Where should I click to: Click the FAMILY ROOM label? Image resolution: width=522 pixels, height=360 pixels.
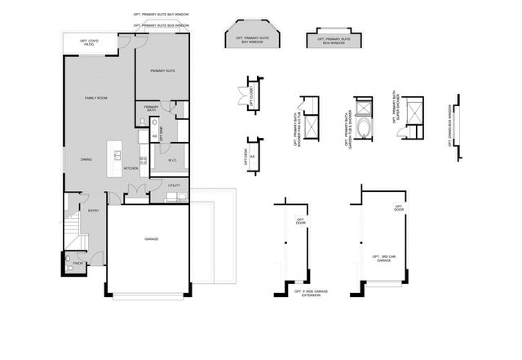pyautogui.click(x=97, y=98)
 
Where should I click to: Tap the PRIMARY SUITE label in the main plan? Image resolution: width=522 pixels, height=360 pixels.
pyautogui.click(x=163, y=72)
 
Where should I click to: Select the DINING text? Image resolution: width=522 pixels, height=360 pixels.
pyautogui.click(x=86, y=159)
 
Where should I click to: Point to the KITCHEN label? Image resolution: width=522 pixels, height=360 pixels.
pyautogui.click(x=130, y=169)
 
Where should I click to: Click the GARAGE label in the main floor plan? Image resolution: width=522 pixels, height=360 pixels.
pyautogui.click(x=151, y=239)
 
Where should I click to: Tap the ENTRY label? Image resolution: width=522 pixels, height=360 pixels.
pyautogui.click(x=93, y=211)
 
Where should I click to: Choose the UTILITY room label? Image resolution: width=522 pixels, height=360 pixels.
pyautogui.click(x=174, y=186)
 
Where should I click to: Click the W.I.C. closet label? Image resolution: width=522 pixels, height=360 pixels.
pyautogui.click(x=173, y=161)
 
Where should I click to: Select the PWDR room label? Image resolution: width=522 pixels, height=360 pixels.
pyautogui.click(x=78, y=263)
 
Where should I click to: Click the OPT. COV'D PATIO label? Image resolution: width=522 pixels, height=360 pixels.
pyautogui.click(x=89, y=42)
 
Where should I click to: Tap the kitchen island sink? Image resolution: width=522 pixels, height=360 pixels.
pyautogui.click(x=117, y=154)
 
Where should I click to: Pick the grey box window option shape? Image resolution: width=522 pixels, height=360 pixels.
pyautogui.click(x=330, y=40)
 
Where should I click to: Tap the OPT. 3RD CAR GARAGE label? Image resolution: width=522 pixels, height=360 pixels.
pyautogui.click(x=383, y=260)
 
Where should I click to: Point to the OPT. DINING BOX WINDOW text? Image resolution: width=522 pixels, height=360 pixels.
pyautogui.click(x=449, y=125)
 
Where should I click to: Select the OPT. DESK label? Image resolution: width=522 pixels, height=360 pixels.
pyautogui.click(x=246, y=156)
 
